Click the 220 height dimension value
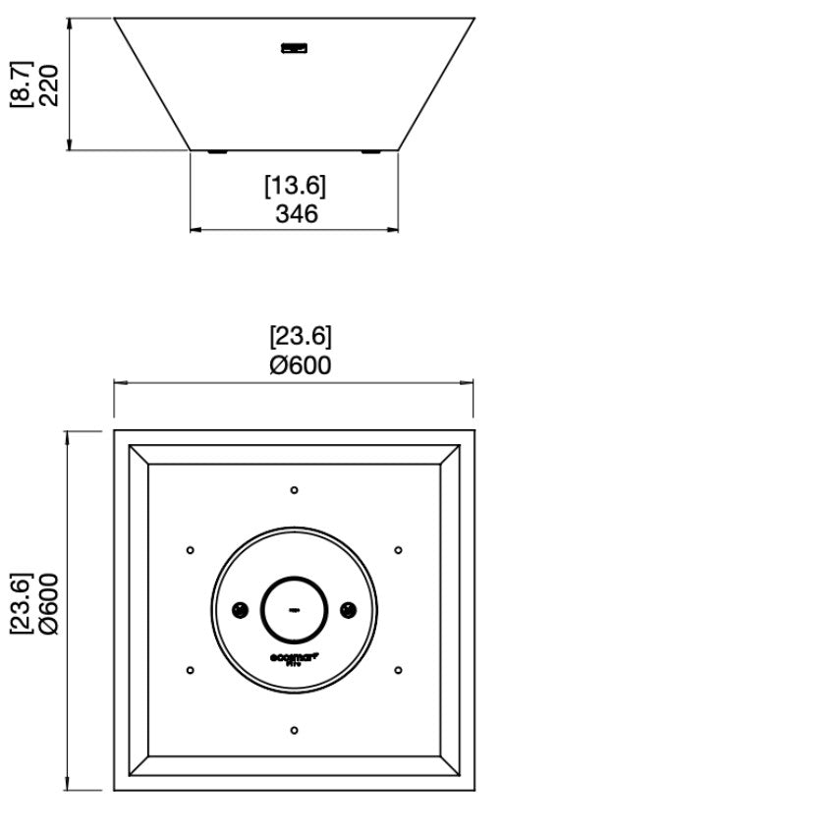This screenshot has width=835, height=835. point(49,84)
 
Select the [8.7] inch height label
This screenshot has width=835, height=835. point(21,84)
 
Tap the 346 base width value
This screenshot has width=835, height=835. point(296,213)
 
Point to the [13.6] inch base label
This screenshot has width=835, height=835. point(295,186)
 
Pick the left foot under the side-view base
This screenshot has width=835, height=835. point(217,151)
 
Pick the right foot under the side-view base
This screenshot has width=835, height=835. point(370,151)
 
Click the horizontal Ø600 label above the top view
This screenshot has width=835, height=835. point(300,365)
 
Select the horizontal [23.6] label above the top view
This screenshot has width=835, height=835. point(301,337)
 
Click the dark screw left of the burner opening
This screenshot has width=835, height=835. point(239,610)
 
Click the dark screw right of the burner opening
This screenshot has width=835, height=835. point(348,610)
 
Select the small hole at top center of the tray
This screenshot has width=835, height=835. point(294,489)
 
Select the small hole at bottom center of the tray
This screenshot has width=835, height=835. point(294,730)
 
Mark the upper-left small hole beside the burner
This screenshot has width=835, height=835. point(190,550)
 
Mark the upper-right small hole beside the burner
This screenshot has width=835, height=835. point(398,550)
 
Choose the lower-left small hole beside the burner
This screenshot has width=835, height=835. point(190,670)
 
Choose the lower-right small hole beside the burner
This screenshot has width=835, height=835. point(398,670)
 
